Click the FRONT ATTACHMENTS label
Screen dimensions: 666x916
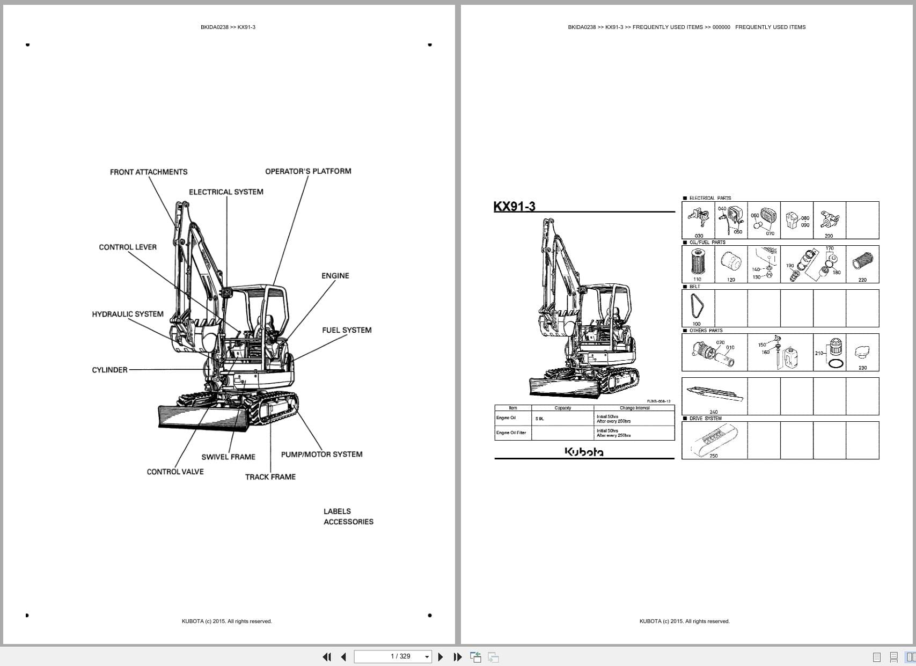pos(149,172)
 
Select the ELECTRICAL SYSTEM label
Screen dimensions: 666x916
pos(226,192)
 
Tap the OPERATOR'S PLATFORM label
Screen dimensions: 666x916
pos(308,171)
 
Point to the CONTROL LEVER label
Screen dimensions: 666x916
pos(128,247)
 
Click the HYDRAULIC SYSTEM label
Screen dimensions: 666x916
pos(128,314)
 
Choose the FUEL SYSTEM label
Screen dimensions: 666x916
pos(347,330)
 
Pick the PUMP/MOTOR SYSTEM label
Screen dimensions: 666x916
pos(321,454)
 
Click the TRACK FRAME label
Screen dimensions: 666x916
pos(270,477)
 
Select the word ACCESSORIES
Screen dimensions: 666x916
pos(348,522)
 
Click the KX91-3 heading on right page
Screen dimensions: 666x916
pos(514,207)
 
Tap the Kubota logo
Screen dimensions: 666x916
pos(584,452)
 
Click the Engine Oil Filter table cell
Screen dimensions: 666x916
pos(511,433)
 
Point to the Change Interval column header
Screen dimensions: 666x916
pos(634,408)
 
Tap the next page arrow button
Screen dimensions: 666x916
pos(441,657)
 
